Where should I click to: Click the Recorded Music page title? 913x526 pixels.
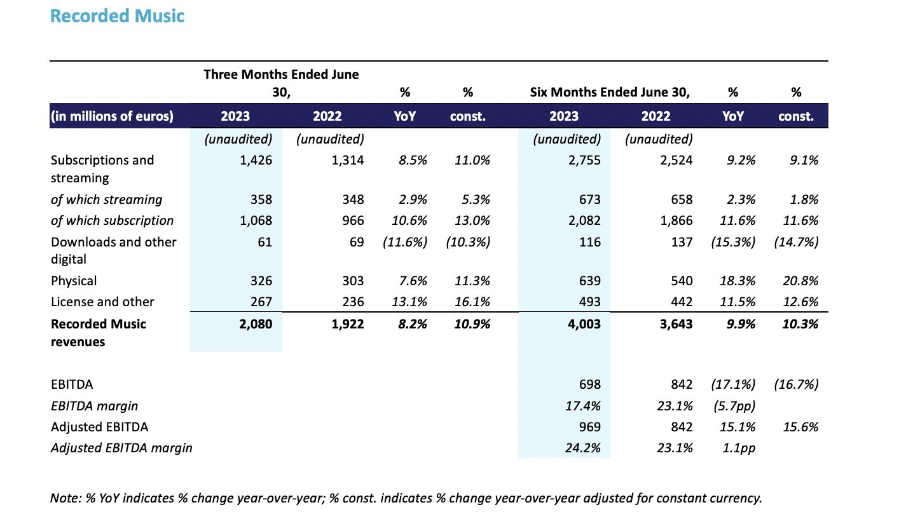117,17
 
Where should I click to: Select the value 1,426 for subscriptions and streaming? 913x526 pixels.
256,160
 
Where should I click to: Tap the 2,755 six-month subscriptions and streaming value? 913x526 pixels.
584,160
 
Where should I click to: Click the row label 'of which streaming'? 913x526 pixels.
106,199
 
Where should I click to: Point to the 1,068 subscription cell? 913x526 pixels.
256,220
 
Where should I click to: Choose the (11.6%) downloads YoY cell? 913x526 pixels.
405,242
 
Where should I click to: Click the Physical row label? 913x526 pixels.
74,281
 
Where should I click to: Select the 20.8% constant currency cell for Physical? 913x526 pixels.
800,281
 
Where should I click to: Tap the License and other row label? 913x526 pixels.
102,302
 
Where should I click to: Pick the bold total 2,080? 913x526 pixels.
256,324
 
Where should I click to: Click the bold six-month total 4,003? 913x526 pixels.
584,324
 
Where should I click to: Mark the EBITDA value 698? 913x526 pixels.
590,384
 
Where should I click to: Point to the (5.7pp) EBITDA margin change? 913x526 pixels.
734,406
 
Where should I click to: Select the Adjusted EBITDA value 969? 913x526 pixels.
590,427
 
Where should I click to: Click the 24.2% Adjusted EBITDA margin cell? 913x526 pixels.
583,448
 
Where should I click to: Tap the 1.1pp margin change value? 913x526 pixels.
739,448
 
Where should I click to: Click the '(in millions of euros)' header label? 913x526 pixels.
112,116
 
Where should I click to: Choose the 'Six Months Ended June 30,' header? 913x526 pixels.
610,92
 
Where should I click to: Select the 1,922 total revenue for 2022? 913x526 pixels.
348,324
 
